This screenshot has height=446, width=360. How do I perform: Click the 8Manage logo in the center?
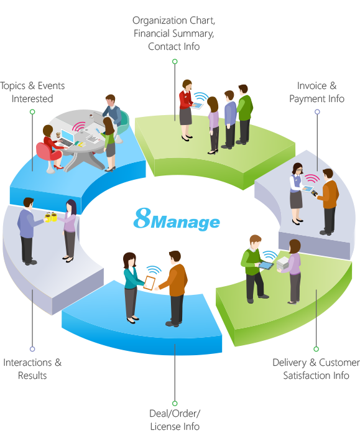click(177, 220)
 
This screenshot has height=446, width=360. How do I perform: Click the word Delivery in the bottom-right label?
click(290, 363)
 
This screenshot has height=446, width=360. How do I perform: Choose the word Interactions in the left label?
click(27, 363)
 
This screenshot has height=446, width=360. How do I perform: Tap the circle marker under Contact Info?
click(175, 62)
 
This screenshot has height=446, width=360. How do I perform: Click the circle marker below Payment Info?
click(317, 112)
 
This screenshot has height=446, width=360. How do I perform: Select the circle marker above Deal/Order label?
click(175, 403)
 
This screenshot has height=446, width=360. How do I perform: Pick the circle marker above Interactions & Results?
click(32, 349)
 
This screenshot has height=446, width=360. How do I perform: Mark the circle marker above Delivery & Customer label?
click(316, 349)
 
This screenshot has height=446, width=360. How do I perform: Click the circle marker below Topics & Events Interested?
click(32, 112)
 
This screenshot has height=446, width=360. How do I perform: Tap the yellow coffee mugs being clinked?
click(51, 217)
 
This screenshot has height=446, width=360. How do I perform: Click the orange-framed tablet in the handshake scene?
click(149, 283)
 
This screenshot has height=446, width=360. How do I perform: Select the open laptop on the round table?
click(67, 138)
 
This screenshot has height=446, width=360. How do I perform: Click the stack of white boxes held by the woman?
click(283, 263)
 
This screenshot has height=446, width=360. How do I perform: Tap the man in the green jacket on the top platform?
click(244, 114)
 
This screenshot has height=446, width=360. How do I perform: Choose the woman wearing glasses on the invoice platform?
click(297, 193)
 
